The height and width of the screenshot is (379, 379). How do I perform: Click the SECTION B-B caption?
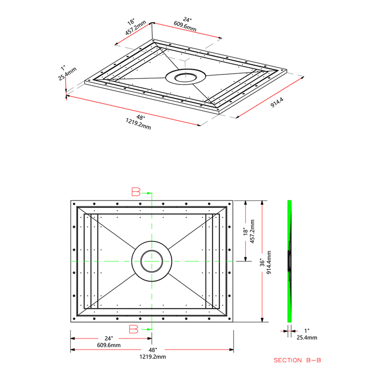pyautogui.click(x=297, y=360)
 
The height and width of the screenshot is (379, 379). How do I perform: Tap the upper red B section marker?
pyautogui.click(x=136, y=192)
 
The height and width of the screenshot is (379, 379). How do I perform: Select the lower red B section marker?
pyautogui.click(x=134, y=329)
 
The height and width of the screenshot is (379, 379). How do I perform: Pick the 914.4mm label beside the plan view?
pyautogui.click(x=269, y=262)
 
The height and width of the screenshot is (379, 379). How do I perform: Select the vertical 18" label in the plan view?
pyautogui.click(x=245, y=232)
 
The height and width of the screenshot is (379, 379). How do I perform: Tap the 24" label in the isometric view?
pyautogui.click(x=188, y=20)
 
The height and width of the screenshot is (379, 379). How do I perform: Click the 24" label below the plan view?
pyautogui.click(x=109, y=338)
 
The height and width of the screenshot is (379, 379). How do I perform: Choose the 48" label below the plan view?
pyautogui.click(x=153, y=350)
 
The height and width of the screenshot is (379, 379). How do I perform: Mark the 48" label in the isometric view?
pyautogui.click(x=140, y=117)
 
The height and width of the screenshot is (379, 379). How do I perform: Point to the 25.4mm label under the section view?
pyautogui.click(x=307, y=338)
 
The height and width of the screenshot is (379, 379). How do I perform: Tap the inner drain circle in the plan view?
pyautogui.click(x=152, y=262)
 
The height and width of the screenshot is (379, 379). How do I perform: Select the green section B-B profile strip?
pyautogui.click(x=289, y=221)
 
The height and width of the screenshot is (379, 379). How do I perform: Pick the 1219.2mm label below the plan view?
pyautogui.click(x=153, y=357)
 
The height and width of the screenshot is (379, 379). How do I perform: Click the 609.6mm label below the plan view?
pyautogui.click(x=109, y=345)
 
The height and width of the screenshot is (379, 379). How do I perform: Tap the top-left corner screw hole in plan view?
pyautogui.click(x=74, y=204)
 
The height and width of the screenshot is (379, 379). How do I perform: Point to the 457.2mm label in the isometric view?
pyautogui.click(x=136, y=28)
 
